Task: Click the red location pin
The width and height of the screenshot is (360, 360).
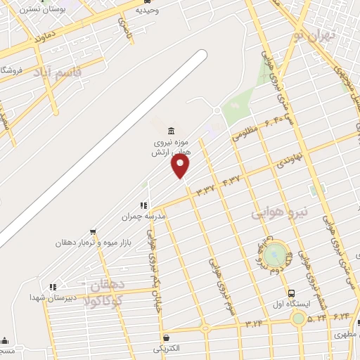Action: pos(181,166)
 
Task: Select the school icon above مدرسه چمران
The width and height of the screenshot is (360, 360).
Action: pos(143,205)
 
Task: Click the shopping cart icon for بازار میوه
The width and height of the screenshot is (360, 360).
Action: pos(93,232)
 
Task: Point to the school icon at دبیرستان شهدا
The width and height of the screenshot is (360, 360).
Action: pos(52,287)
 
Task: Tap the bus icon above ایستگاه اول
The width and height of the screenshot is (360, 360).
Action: pos(291,293)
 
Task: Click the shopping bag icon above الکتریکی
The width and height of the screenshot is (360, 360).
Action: pos(165,337)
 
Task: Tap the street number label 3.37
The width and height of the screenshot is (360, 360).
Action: pos(206,189)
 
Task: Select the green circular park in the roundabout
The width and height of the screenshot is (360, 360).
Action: pos(276,254)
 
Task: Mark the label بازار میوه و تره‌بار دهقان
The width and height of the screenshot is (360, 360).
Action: pos(93,243)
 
